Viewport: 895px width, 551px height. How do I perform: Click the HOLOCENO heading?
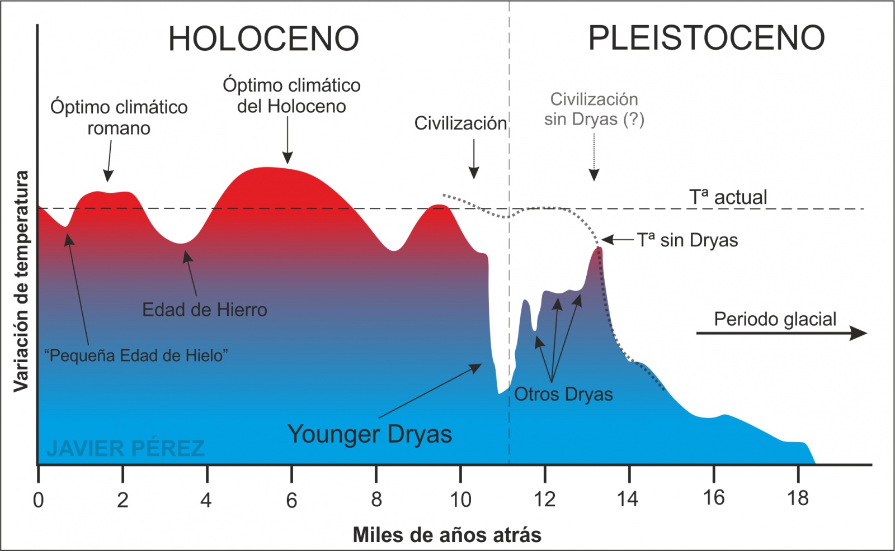click(x=263, y=39)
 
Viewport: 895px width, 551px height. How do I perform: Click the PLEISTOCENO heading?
click(x=706, y=38)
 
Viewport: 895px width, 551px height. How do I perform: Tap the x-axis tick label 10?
click(x=460, y=500)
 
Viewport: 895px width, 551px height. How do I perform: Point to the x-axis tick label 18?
click(x=798, y=498)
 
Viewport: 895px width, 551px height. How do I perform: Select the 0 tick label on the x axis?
click(x=38, y=500)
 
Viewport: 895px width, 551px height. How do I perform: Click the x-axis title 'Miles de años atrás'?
click(x=447, y=535)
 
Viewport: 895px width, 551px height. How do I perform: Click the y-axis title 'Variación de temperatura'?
click(x=21, y=281)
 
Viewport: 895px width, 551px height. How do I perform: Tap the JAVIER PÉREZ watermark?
click(x=125, y=448)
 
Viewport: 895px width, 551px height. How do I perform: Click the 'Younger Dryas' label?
click(x=370, y=434)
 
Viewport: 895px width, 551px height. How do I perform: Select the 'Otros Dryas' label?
click(x=563, y=394)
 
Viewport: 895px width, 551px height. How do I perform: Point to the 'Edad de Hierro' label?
click(x=205, y=310)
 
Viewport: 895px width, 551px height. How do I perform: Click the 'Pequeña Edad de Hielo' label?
click(x=136, y=355)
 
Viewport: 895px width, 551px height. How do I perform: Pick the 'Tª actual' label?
click(x=728, y=197)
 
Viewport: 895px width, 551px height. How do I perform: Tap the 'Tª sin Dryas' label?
click(x=687, y=240)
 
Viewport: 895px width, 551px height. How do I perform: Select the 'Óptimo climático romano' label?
click(x=119, y=117)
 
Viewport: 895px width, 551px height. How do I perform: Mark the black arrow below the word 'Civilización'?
click(x=474, y=159)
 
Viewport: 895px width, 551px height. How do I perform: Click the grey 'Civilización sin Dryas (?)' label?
click(x=594, y=109)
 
